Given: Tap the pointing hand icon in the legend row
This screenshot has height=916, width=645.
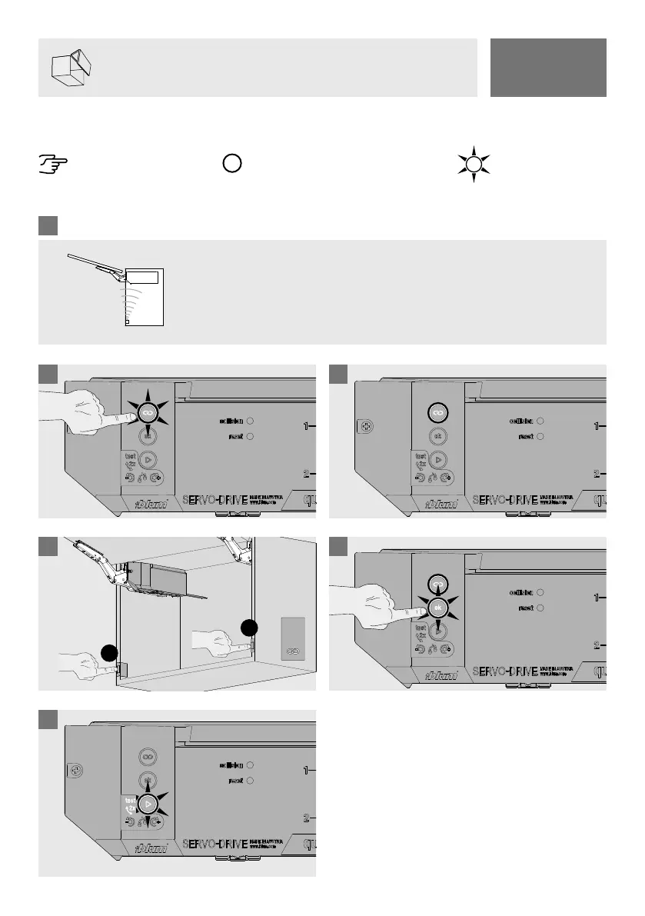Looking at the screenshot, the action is click(x=53, y=164).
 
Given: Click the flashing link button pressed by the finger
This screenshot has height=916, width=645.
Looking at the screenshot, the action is click(x=148, y=415).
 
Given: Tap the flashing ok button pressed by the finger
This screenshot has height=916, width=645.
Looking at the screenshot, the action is click(x=438, y=608).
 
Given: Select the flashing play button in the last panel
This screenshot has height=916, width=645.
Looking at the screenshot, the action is click(x=148, y=804).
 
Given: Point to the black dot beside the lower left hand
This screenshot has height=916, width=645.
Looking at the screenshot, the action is click(x=109, y=655).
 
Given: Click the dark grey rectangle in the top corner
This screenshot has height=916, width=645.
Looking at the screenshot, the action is click(x=547, y=67).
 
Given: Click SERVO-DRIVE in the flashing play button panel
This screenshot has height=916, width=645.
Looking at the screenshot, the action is click(x=214, y=845).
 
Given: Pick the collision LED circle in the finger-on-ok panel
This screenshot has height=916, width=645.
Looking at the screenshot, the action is click(x=540, y=592).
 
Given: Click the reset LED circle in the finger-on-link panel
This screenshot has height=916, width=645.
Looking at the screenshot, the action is click(x=250, y=436).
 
